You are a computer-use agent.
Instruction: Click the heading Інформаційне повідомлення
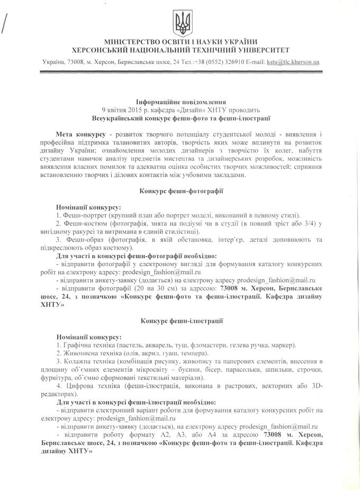(181, 101)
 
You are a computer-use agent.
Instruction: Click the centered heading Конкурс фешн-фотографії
(181, 190)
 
